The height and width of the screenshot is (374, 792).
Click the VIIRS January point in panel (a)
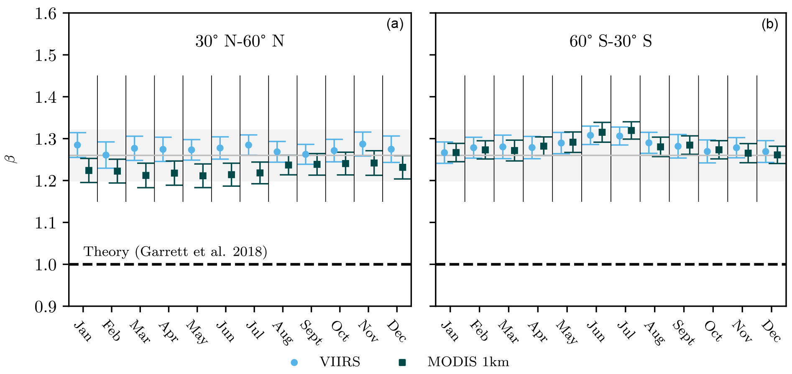[77, 145]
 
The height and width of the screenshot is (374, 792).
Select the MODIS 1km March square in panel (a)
[146, 176]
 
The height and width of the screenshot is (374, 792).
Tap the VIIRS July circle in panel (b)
[620, 136]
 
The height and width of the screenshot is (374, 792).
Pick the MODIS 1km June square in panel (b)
[602, 132]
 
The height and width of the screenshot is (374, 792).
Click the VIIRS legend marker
[294, 362]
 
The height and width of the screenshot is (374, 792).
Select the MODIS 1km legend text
[468, 362]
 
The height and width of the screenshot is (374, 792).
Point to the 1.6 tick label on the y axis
[46, 14]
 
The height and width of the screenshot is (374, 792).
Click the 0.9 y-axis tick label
[46, 307]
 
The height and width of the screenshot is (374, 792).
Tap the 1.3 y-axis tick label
[46, 139]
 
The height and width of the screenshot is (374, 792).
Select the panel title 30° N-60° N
[240, 41]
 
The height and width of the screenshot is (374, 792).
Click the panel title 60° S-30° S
[611, 41]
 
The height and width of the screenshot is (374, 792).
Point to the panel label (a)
[395, 24]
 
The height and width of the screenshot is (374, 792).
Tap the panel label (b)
[769, 24]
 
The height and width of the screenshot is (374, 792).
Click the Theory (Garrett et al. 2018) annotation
[175, 252]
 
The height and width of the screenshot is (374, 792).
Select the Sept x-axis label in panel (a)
[311, 333]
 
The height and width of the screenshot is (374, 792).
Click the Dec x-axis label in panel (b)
[771, 331]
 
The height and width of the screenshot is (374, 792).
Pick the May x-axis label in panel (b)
[567, 332]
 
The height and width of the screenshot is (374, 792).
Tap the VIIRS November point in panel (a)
[363, 144]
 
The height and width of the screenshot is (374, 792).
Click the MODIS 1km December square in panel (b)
[777, 155]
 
